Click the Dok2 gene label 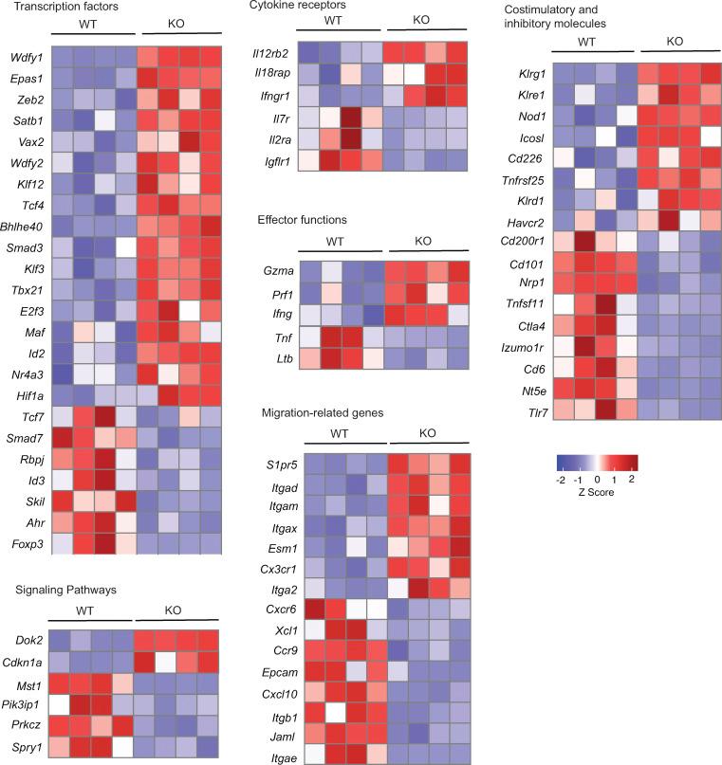point(28,639)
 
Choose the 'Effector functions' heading point(302,219)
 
